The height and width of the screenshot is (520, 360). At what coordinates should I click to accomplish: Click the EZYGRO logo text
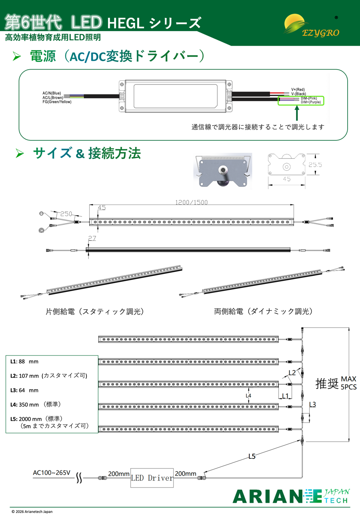[320, 33]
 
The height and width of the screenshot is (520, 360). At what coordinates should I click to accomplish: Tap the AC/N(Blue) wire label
[52, 93]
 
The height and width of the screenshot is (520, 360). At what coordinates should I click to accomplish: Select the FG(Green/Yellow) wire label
[57, 102]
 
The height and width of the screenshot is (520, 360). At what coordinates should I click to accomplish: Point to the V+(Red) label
[298, 89]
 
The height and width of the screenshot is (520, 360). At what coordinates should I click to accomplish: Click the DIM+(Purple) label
[311, 102]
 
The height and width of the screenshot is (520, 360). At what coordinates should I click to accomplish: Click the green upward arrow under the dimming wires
[297, 113]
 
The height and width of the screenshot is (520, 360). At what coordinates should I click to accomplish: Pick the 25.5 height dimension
[315, 164]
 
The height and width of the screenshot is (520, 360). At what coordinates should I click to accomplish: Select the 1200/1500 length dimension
[191, 202]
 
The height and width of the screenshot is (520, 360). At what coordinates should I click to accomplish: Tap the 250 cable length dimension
[66, 214]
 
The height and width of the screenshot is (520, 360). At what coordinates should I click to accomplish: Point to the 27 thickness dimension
[92, 238]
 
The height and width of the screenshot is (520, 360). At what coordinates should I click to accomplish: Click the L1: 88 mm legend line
[24, 362]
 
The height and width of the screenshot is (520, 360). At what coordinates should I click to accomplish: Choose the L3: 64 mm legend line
[24, 390]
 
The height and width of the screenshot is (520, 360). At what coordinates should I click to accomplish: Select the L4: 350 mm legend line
[36, 404]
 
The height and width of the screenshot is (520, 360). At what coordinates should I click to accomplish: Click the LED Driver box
[152, 478]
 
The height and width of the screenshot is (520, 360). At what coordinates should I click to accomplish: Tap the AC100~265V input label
[52, 473]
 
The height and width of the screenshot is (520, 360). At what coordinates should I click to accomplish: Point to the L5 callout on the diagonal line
[252, 456]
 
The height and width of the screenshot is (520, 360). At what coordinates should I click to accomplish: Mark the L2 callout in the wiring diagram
[292, 373]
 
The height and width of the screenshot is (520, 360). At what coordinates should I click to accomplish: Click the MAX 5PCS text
[349, 383]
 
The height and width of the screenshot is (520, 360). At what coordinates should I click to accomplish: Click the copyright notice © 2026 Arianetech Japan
[32, 512]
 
